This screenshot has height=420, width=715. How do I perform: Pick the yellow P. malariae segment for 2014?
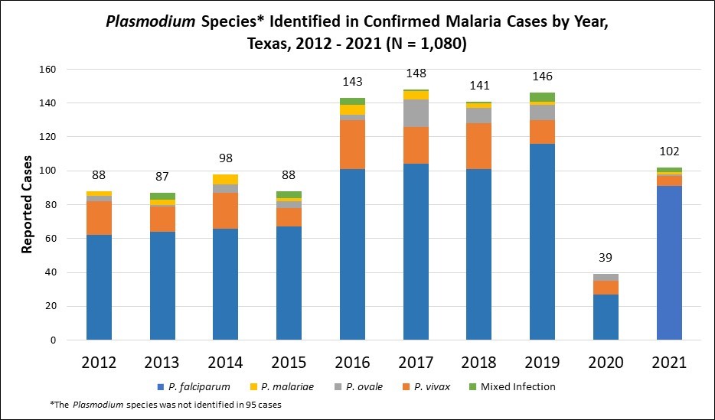point(226,179)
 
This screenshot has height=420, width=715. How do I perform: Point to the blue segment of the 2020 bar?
point(606,317)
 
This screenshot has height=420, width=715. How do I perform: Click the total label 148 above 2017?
point(416,74)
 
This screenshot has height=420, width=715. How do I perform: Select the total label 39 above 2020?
point(606,257)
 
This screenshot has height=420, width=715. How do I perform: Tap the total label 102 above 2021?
point(669,151)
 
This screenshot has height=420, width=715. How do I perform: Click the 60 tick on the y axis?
point(50,239)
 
